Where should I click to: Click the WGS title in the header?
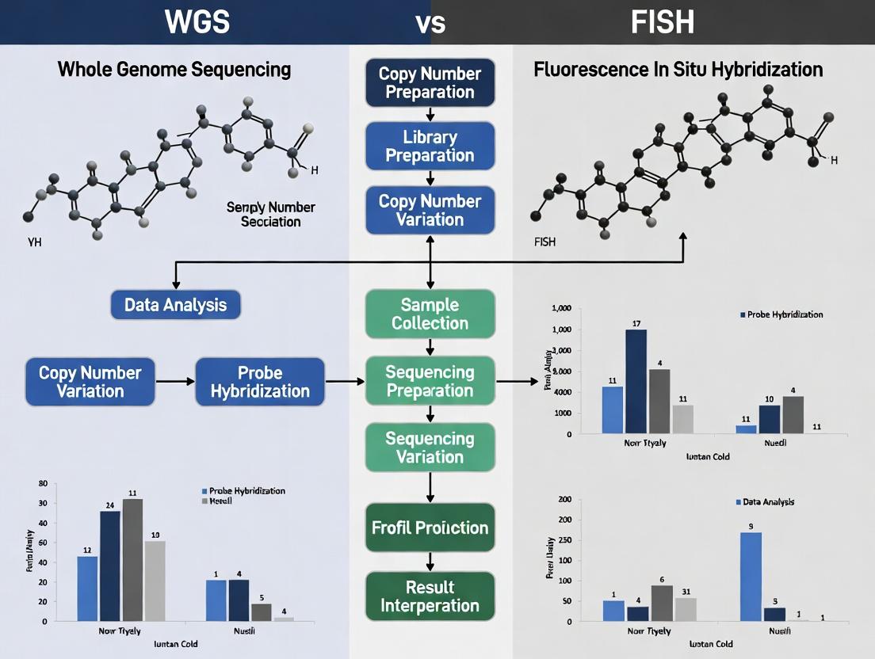tap(197, 21)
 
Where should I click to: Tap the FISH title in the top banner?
tap(663, 21)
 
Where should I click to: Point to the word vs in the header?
tap(430, 22)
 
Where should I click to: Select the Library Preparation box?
tap(430, 146)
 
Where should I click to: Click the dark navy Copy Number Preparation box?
tap(430, 82)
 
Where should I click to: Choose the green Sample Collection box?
tap(430, 314)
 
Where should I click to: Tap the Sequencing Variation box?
tap(430, 448)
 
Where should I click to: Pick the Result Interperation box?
tap(430, 596)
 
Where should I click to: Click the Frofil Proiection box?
tap(430, 528)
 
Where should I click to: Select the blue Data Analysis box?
tap(175, 305)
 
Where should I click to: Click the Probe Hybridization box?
tap(260, 382)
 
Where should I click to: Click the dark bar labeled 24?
tap(109, 566)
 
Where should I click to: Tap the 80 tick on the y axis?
tap(43, 484)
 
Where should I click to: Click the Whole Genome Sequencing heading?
tap(174, 70)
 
